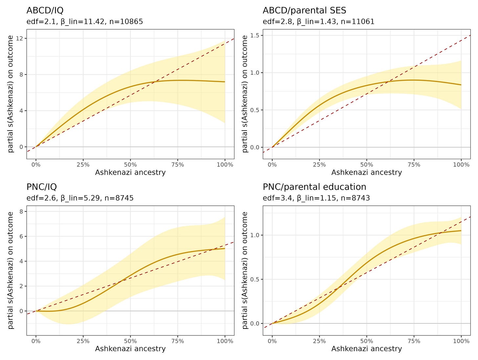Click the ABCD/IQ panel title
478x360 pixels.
[45, 11]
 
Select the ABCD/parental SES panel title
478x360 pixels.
[304, 11]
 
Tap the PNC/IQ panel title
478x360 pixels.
[42, 187]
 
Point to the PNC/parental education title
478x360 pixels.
[315, 187]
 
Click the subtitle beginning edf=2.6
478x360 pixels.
[80, 198]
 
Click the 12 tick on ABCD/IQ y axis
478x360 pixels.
[21, 38]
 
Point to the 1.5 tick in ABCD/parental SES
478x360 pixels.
[255, 35]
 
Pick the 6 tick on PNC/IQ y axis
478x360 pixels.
[21, 236]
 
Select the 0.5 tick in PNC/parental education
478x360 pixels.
[255, 279]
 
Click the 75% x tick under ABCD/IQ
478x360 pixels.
[178, 164]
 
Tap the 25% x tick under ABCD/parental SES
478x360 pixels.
[319, 164]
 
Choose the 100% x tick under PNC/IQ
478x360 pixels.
[225, 341]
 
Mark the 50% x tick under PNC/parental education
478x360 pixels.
[366, 341]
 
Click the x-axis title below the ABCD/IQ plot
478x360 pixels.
[130, 172]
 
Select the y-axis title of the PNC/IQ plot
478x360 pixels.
[11, 270]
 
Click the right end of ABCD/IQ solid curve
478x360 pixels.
[225, 82]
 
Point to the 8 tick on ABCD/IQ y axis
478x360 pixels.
[21, 74]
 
